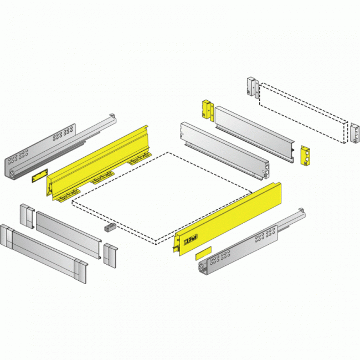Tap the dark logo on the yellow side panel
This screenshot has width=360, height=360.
pyautogui.click(x=189, y=239)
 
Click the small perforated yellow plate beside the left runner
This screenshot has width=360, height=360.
pyautogui.click(x=38, y=175)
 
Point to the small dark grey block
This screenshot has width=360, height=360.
pyautogui.click(x=108, y=227)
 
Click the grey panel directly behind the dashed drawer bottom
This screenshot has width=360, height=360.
pyautogui.click(x=224, y=151)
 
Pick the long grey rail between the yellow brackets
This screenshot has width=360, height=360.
pyautogui.click(x=255, y=133)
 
